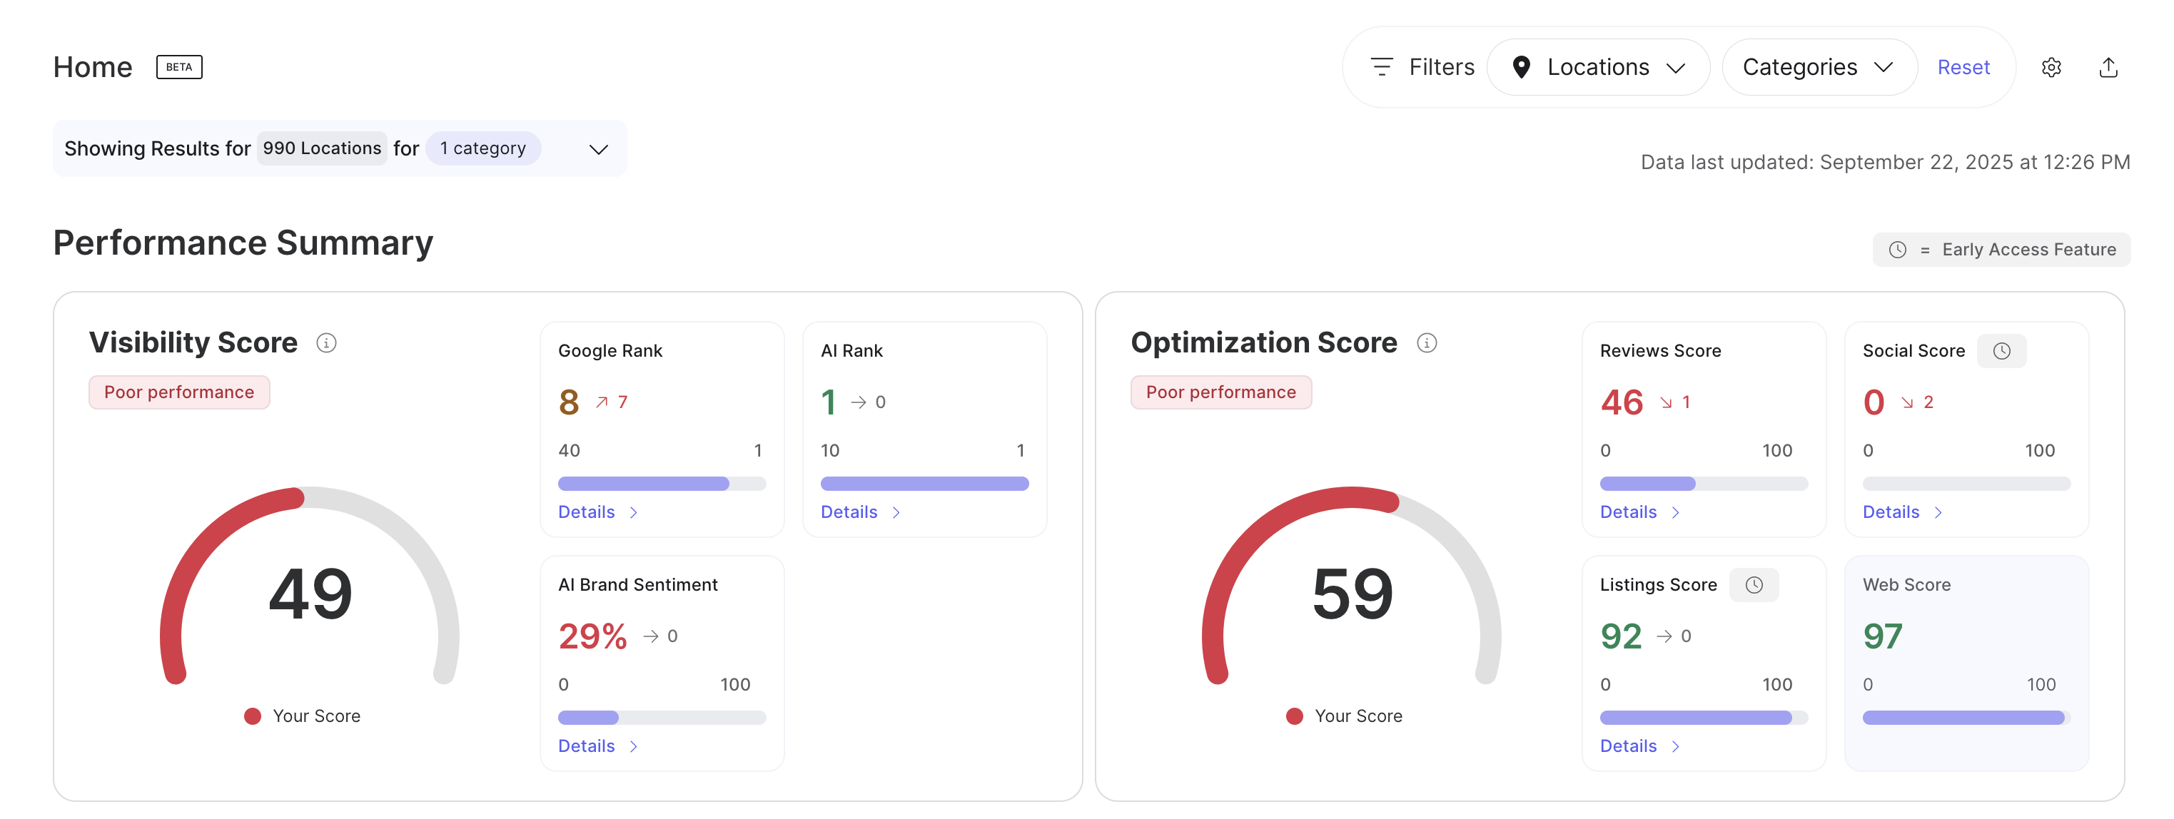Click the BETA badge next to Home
(179, 66)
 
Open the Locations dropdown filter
(1597, 66)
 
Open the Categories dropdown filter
(1818, 66)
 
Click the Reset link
(1963, 66)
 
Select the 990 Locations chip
(322, 148)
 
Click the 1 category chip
(482, 148)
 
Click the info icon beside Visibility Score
(327, 342)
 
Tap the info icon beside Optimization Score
(1426, 342)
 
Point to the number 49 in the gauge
(310, 594)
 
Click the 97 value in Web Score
(1882, 636)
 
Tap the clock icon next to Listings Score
(1754, 584)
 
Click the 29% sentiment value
(592, 636)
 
